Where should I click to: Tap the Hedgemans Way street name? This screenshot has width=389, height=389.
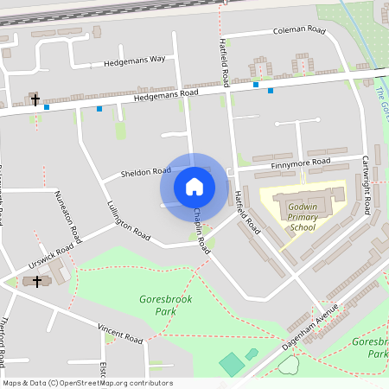pos(134,61)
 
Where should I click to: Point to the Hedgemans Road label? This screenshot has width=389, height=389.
pos(166,96)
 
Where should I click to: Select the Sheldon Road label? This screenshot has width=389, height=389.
pos(145,172)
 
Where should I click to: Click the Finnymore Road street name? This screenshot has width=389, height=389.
pos(300,163)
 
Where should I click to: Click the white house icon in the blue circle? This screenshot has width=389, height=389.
pos(194,186)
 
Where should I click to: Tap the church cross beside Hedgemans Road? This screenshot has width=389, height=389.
pos(35,100)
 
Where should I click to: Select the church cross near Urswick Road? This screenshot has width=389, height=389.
pos(36,281)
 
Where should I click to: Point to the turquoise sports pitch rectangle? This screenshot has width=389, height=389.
pos(232,364)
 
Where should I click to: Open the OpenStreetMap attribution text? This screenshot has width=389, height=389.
pos(86,383)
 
